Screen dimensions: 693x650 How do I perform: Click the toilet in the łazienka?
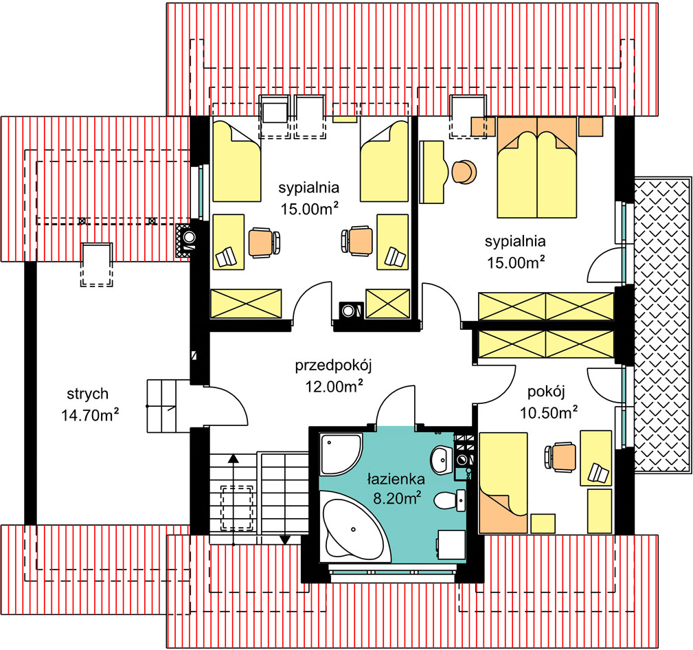pyautogui.click(x=450, y=500)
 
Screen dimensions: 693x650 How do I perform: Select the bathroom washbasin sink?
pyautogui.click(x=442, y=460)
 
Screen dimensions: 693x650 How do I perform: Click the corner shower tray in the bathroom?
pyautogui.click(x=339, y=453)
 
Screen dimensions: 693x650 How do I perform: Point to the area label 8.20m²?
pyautogui.click(x=396, y=498)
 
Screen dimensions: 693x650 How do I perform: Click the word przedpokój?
pyautogui.click(x=334, y=366)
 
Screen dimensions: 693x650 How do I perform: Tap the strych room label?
pyautogui.click(x=87, y=394)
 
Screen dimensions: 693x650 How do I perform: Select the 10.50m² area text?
pyautogui.click(x=548, y=412)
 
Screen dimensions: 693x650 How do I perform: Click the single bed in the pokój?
pyautogui.click(x=503, y=483)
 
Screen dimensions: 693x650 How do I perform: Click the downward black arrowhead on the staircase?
pyautogui.click(x=285, y=540)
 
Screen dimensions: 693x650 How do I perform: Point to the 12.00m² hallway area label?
pyautogui.click(x=334, y=386)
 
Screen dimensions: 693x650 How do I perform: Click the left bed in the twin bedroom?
pyautogui.click(x=236, y=161)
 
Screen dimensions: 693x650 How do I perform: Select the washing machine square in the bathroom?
pyautogui.click(x=451, y=545)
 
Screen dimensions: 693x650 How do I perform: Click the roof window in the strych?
pyautogui.click(x=96, y=265)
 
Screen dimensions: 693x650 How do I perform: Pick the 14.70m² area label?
pyautogui.click(x=90, y=415)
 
